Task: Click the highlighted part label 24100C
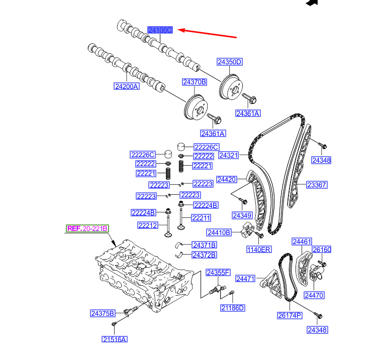(160, 30)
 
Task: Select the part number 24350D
(230, 62)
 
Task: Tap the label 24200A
(126, 86)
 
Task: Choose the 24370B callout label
(194, 82)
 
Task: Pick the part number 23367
(317, 185)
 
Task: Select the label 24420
(226, 179)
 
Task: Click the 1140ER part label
(258, 249)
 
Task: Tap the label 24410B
(219, 232)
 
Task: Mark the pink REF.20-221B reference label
(87, 228)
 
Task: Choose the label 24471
(246, 278)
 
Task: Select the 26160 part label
(322, 250)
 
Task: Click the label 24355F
(218, 273)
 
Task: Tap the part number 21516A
(114, 339)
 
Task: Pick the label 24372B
(204, 255)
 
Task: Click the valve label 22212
(143, 225)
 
